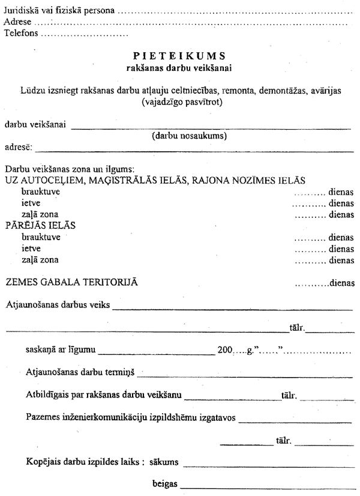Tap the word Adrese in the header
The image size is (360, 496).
point(17,23)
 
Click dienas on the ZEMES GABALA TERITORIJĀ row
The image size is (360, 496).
point(341,283)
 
